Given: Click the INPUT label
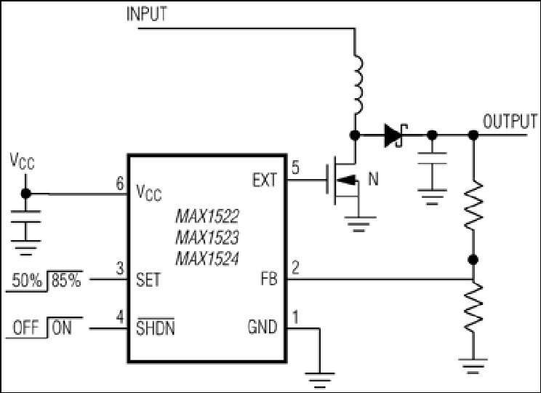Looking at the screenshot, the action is [x=147, y=14].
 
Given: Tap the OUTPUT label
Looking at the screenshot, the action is [x=510, y=122].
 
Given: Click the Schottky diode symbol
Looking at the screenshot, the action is [x=396, y=135].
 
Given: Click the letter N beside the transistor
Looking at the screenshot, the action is [x=373, y=179].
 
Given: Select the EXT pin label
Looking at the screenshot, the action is [x=264, y=180].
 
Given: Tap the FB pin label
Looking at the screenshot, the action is [x=269, y=279].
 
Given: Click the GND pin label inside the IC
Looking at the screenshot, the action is [x=263, y=327].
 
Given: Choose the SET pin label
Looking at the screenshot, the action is [x=148, y=279].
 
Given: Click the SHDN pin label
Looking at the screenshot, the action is [x=156, y=327].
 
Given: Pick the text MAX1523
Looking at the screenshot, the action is [x=207, y=237].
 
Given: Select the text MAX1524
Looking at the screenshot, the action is [x=207, y=258].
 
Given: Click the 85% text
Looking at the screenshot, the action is [x=66, y=280].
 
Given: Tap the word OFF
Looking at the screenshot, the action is [x=26, y=327].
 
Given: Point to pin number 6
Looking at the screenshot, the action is [x=120, y=183].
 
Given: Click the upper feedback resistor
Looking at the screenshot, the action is [x=473, y=205].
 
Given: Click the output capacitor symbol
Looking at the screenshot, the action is [x=433, y=172].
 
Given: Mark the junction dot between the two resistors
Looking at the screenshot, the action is [x=473, y=259].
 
